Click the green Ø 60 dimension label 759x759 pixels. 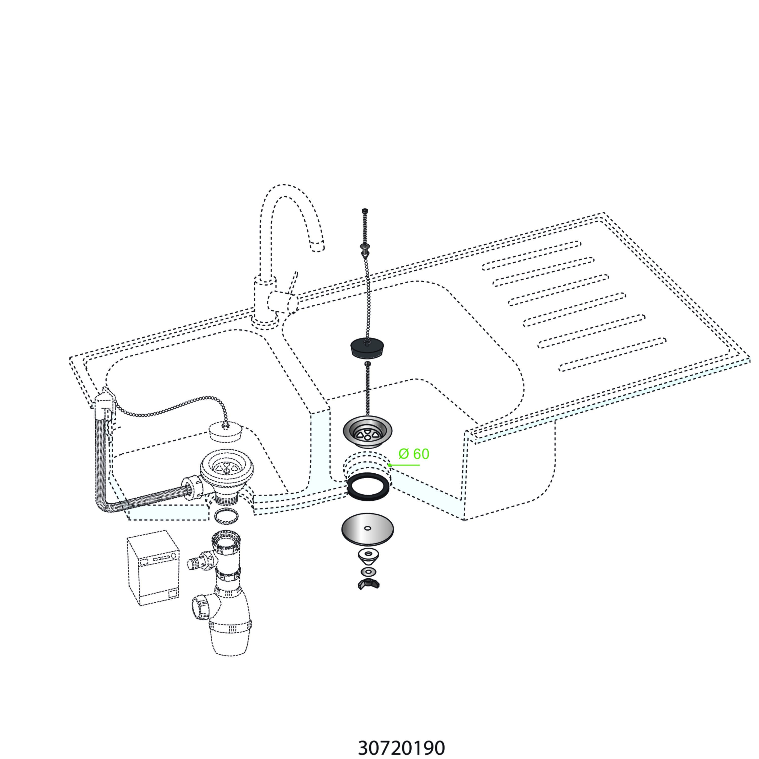tap(414, 454)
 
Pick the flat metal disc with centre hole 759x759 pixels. tap(367, 529)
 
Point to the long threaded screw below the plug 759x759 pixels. tap(368, 388)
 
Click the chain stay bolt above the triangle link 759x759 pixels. tap(365, 247)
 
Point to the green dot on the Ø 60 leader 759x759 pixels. tap(389, 465)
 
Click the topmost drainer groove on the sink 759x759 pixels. tap(531, 255)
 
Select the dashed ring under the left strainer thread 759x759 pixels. tap(226, 515)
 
